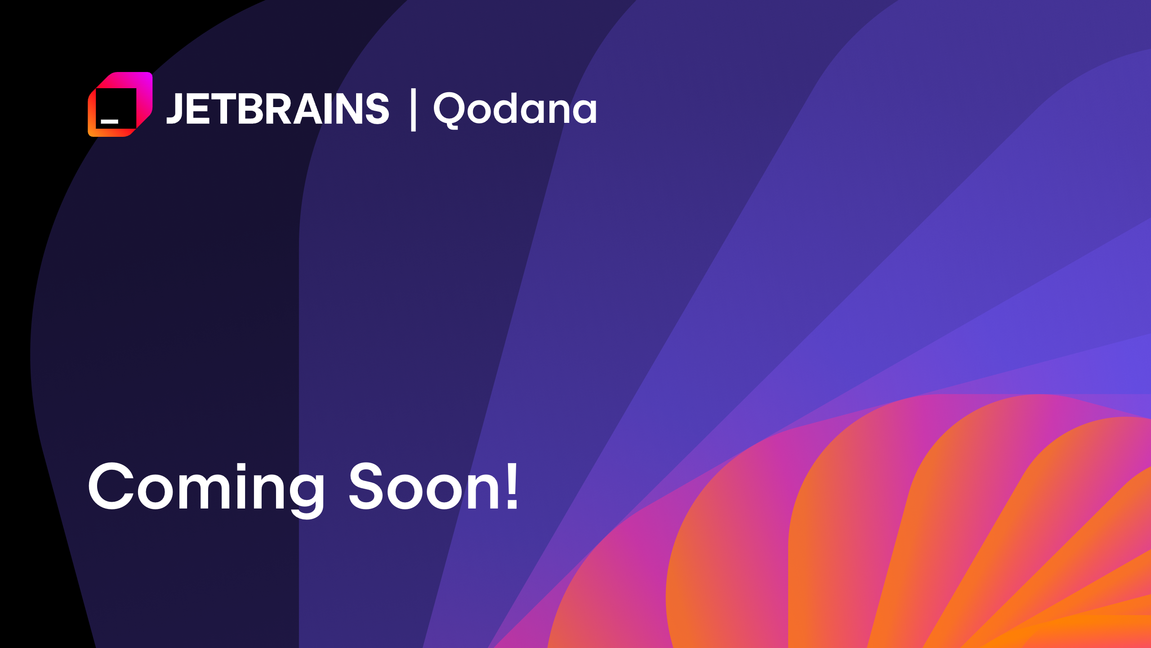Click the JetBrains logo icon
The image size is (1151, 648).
point(120,104)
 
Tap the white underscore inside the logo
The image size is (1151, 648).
point(109,121)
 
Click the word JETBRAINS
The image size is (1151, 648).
point(278,108)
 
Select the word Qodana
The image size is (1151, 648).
point(515,108)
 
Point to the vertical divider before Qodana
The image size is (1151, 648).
point(413,110)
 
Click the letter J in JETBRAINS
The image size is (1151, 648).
point(174,108)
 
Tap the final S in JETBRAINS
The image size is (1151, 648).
point(377,108)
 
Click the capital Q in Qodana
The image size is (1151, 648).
point(448,109)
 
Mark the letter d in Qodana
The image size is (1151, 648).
point(510,108)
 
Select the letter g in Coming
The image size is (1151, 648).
point(302,493)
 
